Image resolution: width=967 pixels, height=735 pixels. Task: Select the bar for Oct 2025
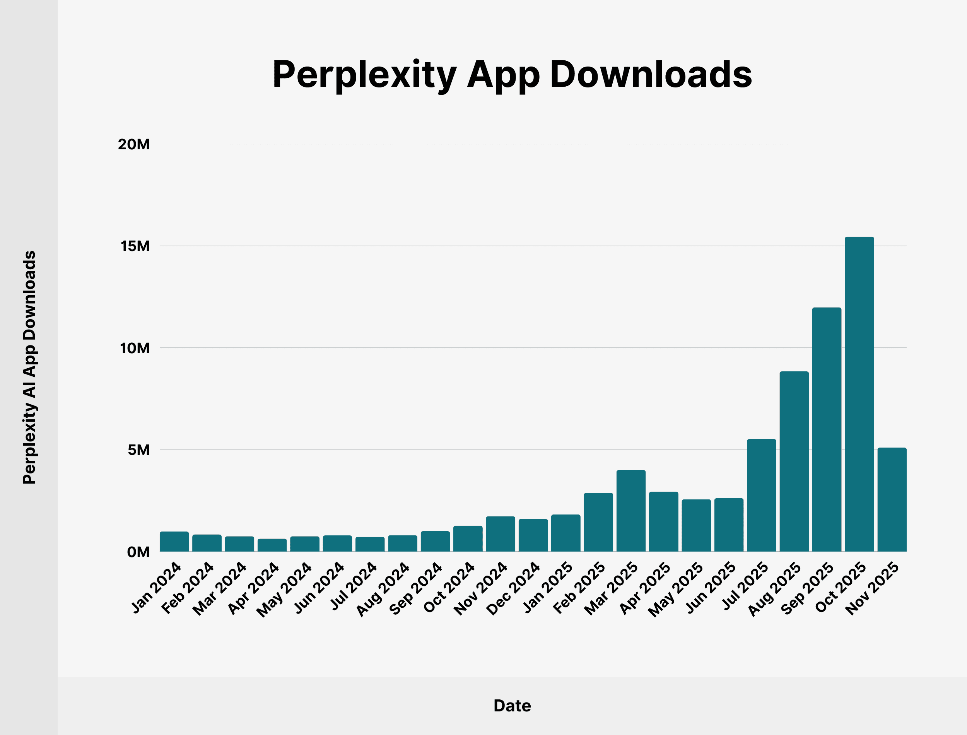(x=859, y=394)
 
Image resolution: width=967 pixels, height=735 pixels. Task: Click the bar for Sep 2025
(x=827, y=429)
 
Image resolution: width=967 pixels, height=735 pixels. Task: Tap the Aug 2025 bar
(x=794, y=461)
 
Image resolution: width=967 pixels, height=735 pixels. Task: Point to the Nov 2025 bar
(x=892, y=499)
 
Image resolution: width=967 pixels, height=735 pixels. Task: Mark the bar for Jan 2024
(x=174, y=542)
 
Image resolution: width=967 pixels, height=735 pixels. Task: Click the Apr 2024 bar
(x=272, y=545)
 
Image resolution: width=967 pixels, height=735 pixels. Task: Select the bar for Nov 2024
(x=501, y=534)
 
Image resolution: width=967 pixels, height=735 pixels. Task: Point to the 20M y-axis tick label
(x=133, y=144)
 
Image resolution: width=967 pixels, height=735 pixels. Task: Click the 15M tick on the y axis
(x=135, y=246)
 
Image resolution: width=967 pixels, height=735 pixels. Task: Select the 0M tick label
(x=138, y=552)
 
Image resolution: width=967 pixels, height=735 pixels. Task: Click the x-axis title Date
(x=512, y=706)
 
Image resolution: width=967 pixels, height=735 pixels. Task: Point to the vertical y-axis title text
(x=29, y=367)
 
